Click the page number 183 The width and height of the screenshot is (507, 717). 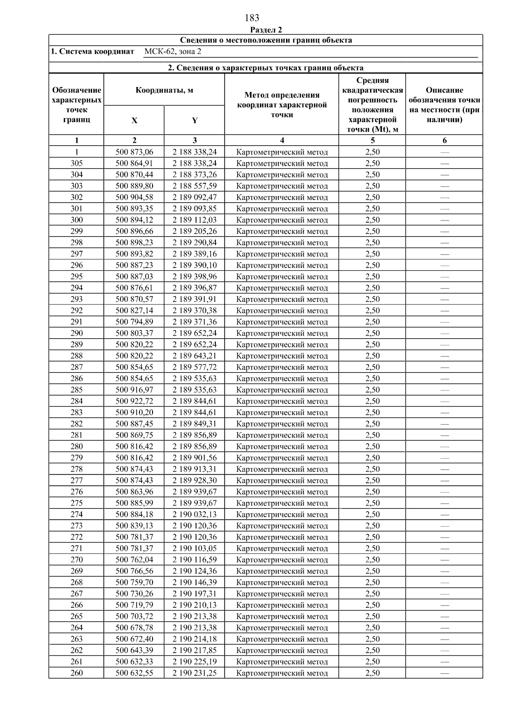(252, 18)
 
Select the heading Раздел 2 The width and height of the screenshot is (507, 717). (266, 30)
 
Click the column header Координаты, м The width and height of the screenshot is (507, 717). (164, 90)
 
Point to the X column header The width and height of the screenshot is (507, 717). (134, 120)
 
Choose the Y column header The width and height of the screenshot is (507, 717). (194, 120)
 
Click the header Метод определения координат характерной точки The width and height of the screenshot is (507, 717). (282, 105)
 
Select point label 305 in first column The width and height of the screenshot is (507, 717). (76, 163)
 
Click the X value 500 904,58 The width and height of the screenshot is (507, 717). (134, 197)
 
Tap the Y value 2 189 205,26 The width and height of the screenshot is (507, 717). (194, 231)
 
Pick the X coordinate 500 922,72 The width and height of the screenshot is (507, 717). (134, 401)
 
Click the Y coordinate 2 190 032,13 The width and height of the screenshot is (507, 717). (194, 514)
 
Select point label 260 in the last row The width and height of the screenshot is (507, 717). (76, 673)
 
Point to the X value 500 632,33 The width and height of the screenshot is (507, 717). (134, 662)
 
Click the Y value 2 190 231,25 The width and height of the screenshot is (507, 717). (194, 673)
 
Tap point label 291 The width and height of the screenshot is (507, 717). (76, 322)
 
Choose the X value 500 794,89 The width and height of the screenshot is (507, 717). (134, 322)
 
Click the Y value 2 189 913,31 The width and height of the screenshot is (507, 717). (194, 469)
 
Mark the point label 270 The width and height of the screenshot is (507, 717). (76, 560)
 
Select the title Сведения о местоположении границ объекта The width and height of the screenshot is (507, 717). (266, 41)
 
